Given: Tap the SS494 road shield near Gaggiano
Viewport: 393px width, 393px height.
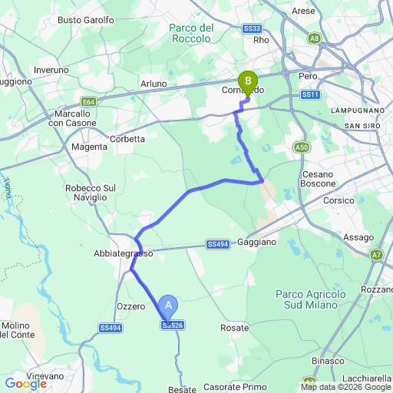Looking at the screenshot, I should [x=218, y=245].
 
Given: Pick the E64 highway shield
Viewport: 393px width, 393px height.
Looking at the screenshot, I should [x=89, y=101].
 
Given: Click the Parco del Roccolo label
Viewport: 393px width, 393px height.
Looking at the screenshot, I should [x=190, y=32].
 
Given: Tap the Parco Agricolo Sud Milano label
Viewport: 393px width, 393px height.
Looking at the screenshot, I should [x=306, y=299].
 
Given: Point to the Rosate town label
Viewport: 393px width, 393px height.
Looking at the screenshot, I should [x=234, y=328].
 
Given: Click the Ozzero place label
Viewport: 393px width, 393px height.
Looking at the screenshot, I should [x=130, y=306].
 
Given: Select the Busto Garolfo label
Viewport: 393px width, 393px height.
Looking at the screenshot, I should [x=86, y=20].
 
